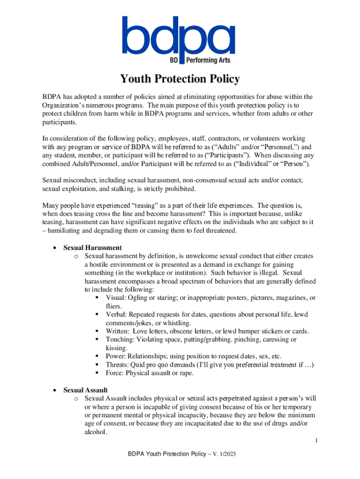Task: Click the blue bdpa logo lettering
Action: point(179,36)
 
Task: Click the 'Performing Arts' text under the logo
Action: point(208,60)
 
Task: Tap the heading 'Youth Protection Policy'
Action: point(180,79)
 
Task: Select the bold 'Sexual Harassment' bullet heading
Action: point(93,247)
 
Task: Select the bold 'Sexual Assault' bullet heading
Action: point(86,390)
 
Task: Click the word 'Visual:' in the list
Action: point(115,298)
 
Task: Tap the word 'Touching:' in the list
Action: point(120,340)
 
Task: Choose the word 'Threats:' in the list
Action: point(118,365)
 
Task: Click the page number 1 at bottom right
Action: point(316,441)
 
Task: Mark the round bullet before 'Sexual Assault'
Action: point(55,390)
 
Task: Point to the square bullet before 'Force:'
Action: point(96,373)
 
